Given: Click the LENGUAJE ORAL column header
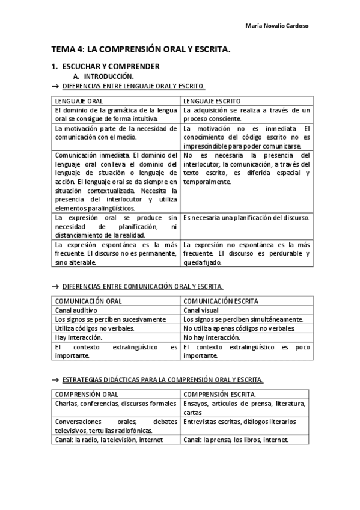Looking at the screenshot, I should tap(78, 101).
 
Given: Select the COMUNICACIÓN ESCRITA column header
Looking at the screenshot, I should tap(221, 300).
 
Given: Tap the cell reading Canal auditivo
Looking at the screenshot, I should tap(76, 310).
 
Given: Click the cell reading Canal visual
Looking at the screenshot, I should tap(201, 310).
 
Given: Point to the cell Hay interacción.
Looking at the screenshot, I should tap(78, 337).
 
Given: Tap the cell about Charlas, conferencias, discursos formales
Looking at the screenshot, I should tap(115, 404).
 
